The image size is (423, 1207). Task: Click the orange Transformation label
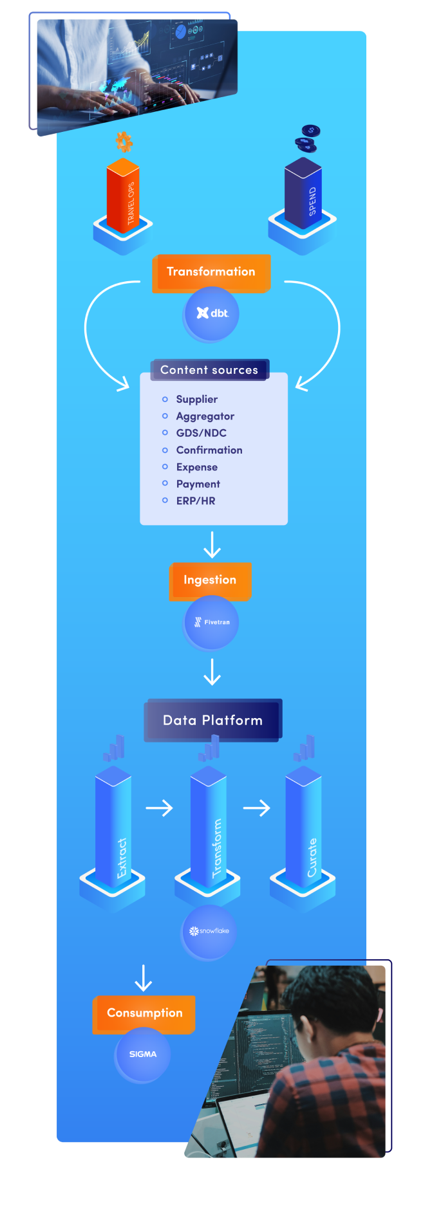click(x=211, y=272)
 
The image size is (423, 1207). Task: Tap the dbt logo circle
click(x=212, y=313)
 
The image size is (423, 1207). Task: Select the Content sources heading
click(x=209, y=370)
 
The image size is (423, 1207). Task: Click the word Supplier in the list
click(x=197, y=400)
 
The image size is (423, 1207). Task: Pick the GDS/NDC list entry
click(x=202, y=433)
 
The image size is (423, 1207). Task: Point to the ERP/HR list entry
click(x=196, y=501)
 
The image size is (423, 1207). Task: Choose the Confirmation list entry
click(x=209, y=450)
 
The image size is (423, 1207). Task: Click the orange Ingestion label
click(x=210, y=580)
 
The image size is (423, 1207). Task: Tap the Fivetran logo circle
click(x=211, y=622)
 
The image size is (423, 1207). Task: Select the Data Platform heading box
click(x=212, y=720)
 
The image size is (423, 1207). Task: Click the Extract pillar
click(x=114, y=830)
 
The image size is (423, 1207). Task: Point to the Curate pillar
click(x=304, y=830)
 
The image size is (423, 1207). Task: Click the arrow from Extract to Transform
click(x=160, y=807)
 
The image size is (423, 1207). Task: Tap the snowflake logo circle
click(x=209, y=931)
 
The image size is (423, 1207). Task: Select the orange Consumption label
click(x=144, y=1013)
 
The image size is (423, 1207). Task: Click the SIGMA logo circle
click(x=143, y=1054)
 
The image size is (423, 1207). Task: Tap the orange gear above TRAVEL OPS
click(x=124, y=142)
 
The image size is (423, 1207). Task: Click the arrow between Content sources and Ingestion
click(x=212, y=544)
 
